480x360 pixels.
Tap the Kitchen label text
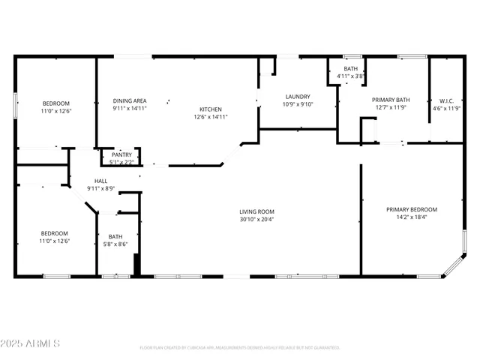tap(211, 109)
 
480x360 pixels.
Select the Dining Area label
tap(130, 100)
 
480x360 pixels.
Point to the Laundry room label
tap(298, 97)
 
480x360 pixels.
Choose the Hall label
tap(100, 181)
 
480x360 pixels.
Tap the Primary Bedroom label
tap(412, 209)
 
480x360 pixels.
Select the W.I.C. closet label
tap(446, 100)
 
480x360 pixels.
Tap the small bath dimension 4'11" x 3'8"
tap(350, 76)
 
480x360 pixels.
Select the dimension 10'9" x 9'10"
tap(298, 104)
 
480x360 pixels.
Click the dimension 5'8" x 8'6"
tap(115, 244)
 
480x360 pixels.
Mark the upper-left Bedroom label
tap(55, 103)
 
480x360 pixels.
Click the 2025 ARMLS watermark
tap(31, 343)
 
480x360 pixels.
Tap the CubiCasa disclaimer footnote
tap(240, 347)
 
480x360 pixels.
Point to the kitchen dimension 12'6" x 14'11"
tap(211, 116)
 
